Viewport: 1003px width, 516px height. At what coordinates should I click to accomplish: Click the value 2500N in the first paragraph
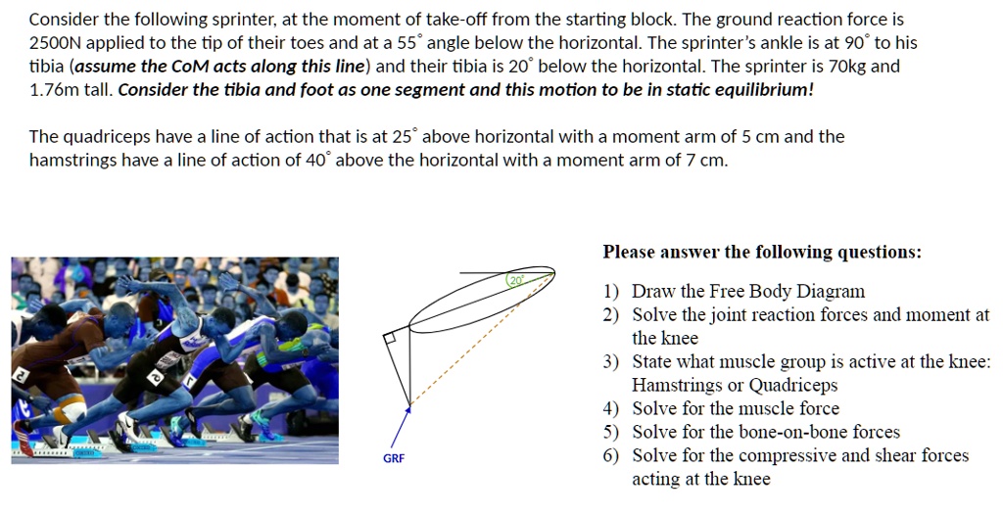(55, 43)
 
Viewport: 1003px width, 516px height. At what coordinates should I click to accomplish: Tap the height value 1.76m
(54, 90)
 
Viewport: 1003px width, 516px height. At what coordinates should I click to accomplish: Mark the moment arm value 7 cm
(706, 160)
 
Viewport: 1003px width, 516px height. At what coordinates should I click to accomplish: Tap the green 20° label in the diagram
(516, 280)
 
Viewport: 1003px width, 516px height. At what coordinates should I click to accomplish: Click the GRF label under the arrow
(394, 458)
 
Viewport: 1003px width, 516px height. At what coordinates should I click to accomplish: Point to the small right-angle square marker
(390, 338)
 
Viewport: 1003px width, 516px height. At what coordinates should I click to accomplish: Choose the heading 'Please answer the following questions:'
(762, 253)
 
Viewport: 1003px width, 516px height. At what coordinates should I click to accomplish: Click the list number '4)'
(611, 408)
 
